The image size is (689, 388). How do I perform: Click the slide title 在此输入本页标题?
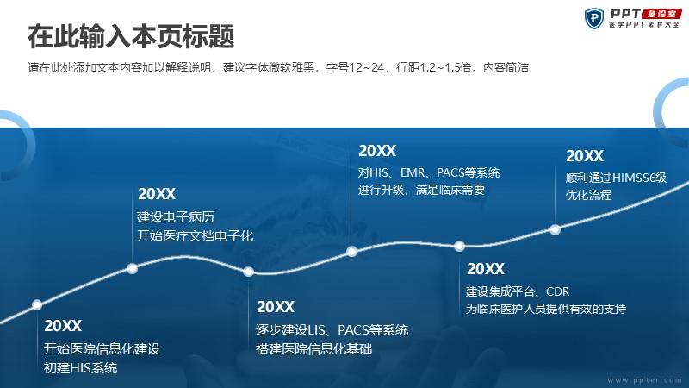tap(131, 36)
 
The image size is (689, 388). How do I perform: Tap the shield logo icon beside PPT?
tap(594, 18)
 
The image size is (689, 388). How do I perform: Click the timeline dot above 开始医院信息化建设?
tap(37, 304)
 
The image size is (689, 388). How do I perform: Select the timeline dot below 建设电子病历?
tap(132, 268)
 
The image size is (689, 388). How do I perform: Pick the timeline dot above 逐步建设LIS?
tap(248, 272)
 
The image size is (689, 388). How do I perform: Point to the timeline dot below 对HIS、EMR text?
tap(351, 251)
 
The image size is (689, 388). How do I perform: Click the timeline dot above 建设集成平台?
tap(459, 246)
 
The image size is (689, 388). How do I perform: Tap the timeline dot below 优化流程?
tap(555, 229)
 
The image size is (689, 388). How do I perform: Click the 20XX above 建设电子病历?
tap(157, 193)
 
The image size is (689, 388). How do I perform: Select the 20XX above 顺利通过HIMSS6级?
tap(585, 156)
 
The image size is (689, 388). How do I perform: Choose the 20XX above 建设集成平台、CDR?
tap(486, 268)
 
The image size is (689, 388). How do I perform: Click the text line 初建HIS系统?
tap(80, 368)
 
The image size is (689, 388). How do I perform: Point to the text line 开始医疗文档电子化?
tap(196, 235)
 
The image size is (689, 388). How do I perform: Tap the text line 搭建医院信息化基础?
tap(313, 349)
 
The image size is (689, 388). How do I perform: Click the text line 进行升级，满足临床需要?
tap(421, 190)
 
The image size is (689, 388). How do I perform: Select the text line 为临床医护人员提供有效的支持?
tap(546, 309)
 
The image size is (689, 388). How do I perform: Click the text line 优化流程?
tap(588, 195)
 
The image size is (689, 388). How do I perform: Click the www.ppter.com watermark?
tap(644, 380)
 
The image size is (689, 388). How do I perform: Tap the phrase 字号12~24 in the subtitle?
tap(355, 67)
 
